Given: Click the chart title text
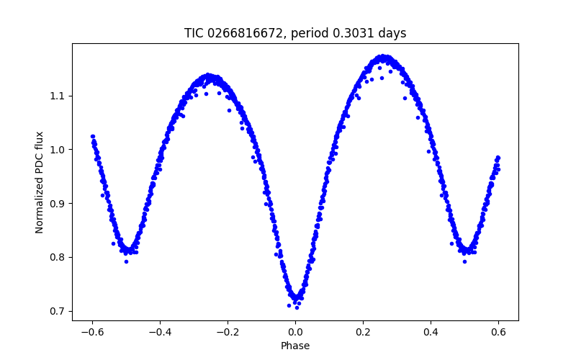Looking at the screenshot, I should [x=295, y=33].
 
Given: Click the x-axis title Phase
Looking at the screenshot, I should [x=295, y=346].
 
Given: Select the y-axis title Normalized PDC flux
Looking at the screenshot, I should [x=40, y=182].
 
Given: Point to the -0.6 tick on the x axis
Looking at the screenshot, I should [x=91, y=332].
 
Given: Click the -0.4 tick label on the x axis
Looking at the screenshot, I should [x=159, y=332].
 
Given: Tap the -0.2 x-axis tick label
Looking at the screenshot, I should [x=227, y=332].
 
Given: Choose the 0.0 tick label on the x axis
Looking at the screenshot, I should [x=295, y=332].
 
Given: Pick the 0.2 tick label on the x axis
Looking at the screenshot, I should [x=363, y=332].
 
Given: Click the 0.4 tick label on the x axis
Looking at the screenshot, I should [x=431, y=332].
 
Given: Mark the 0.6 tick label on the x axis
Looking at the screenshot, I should [x=498, y=332].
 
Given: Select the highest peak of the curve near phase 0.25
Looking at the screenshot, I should [x=384, y=57].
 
